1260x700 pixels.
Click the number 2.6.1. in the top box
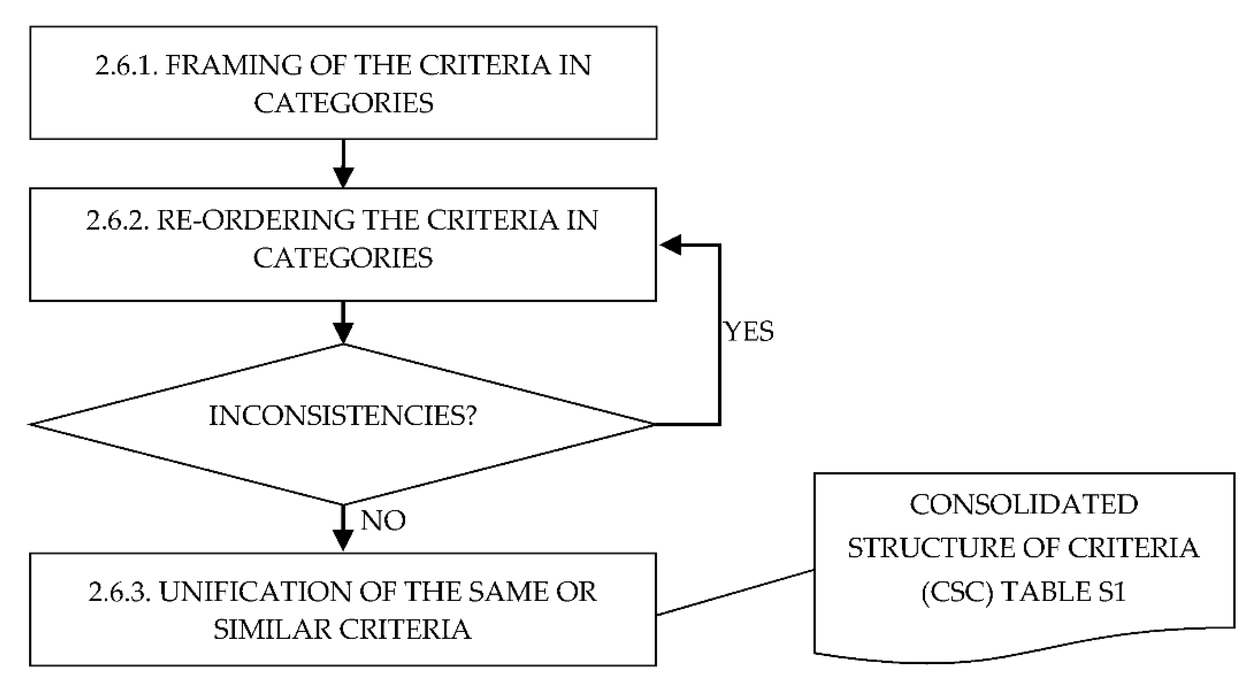(x=126, y=65)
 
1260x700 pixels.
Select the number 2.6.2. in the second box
(x=117, y=221)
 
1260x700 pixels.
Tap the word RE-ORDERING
(x=255, y=221)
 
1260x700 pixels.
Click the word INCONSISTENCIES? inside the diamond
(x=343, y=416)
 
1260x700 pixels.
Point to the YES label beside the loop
(x=749, y=332)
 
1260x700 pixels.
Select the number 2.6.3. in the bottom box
(x=119, y=592)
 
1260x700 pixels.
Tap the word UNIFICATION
(x=255, y=592)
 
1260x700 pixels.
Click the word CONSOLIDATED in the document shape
(x=1024, y=504)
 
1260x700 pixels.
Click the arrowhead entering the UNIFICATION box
(x=343, y=540)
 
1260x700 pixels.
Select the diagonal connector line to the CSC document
(x=735, y=592)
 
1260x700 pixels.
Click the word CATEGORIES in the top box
(x=343, y=103)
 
